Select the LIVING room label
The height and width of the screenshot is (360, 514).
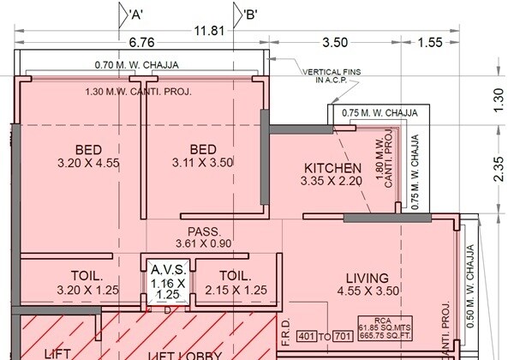[x=367, y=278]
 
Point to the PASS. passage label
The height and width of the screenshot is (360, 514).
[x=205, y=231]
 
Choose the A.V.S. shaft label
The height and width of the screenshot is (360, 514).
[x=167, y=269]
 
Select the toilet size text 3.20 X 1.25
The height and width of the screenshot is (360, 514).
[x=87, y=291]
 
